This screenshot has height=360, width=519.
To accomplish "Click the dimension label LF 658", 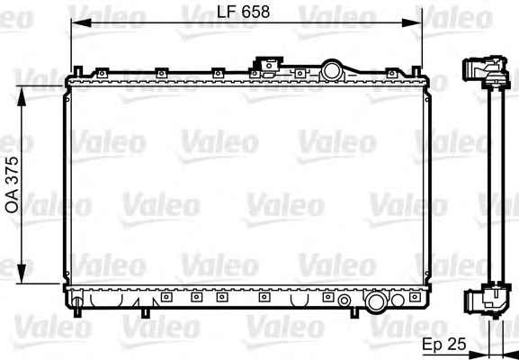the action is click(x=244, y=13).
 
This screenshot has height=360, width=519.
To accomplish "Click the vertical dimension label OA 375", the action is click(x=13, y=184).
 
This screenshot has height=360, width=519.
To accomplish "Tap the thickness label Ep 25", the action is click(x=444, y=344).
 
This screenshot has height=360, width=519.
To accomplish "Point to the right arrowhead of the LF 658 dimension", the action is click(x=412, y=22).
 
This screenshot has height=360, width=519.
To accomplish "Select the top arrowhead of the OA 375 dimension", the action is click(x=22, y=96).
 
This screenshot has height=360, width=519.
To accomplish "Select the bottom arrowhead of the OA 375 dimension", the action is click(x=22, y=274).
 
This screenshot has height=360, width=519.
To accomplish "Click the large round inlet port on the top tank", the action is click(x=332, y=70).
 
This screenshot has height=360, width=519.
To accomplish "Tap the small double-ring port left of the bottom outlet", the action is click(x=345, y=301).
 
